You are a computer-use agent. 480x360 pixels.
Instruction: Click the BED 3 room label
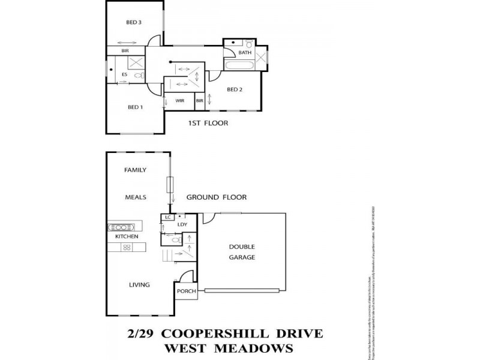tap(133, 23)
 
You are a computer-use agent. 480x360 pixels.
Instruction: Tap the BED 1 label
tap(135, 107)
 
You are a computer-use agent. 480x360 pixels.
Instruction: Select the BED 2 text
tap(235, 89)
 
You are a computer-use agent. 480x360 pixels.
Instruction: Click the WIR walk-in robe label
tap(179, 101)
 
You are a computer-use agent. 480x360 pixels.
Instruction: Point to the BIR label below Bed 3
tap(125, 51)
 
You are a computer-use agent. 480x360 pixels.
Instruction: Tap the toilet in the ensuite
tap(138, 76)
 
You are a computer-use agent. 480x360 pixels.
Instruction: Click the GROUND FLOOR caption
tap(216, 197)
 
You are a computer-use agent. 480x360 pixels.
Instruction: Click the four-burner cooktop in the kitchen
tap(127, 247)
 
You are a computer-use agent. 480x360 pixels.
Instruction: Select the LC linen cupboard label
tap(168, 217)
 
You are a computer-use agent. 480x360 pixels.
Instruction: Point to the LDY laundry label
tap(183, 224)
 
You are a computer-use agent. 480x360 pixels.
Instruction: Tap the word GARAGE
tap(242, 257)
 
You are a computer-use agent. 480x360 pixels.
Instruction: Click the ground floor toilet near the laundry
tap(176, 240)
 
